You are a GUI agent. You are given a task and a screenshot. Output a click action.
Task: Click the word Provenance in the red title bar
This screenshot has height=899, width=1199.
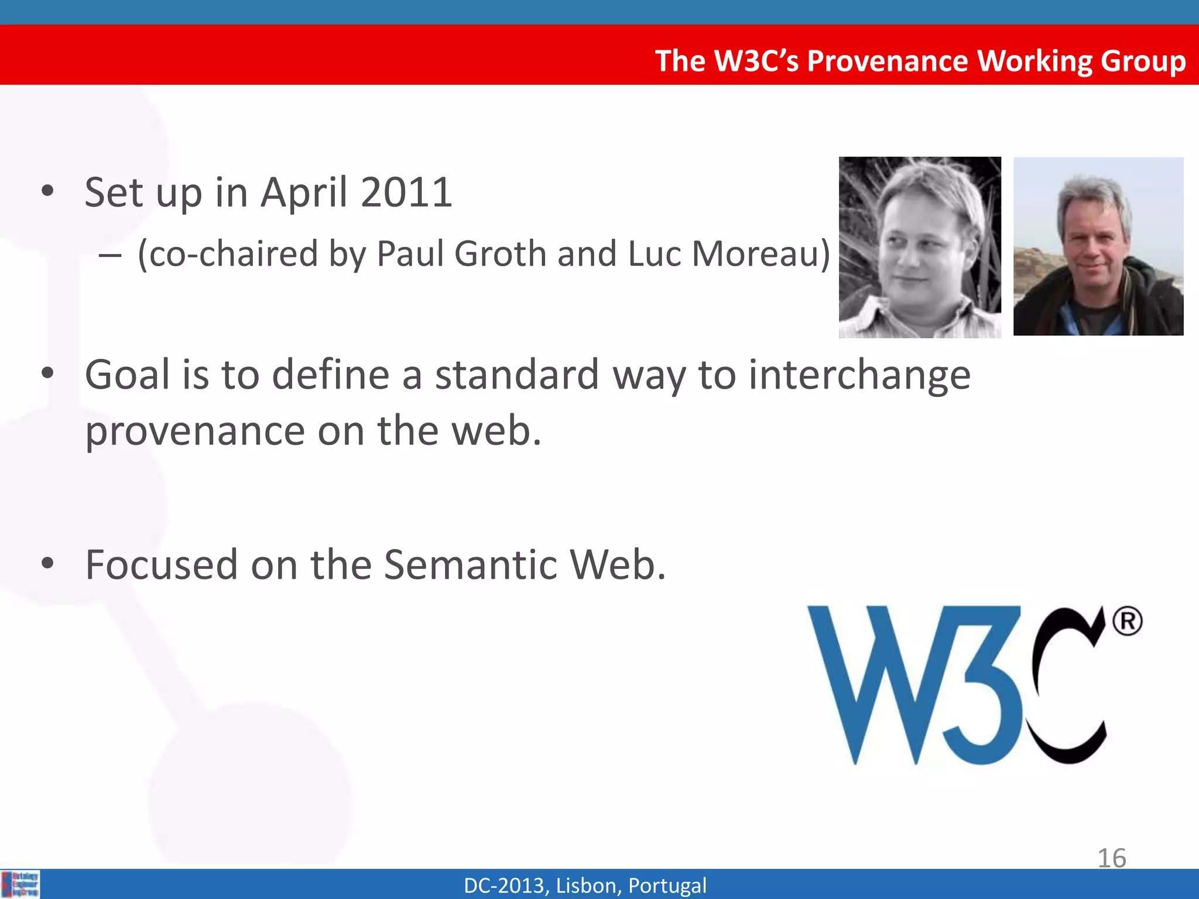(887, 61)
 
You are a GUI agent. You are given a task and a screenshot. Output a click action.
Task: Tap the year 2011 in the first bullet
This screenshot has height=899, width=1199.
(406, 192)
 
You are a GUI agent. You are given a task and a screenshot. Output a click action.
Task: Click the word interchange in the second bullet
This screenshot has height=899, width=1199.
(859, 375)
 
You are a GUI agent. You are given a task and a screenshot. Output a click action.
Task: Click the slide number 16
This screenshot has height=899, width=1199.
(1111, 858)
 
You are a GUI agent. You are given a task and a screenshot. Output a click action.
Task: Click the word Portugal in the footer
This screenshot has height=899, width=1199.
(667, 886)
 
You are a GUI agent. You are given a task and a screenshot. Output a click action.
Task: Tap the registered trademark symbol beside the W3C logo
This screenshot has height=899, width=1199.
(1127, 622)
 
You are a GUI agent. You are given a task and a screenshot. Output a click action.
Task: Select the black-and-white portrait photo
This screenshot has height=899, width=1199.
(920, 247)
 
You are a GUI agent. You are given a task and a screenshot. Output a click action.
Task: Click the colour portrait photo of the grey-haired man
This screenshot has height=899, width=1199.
(1098, 246)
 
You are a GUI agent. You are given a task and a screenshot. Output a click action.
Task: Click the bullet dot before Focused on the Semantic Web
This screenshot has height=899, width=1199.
(48, 564)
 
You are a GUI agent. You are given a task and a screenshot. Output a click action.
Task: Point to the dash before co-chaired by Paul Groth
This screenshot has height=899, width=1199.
(110, 256)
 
